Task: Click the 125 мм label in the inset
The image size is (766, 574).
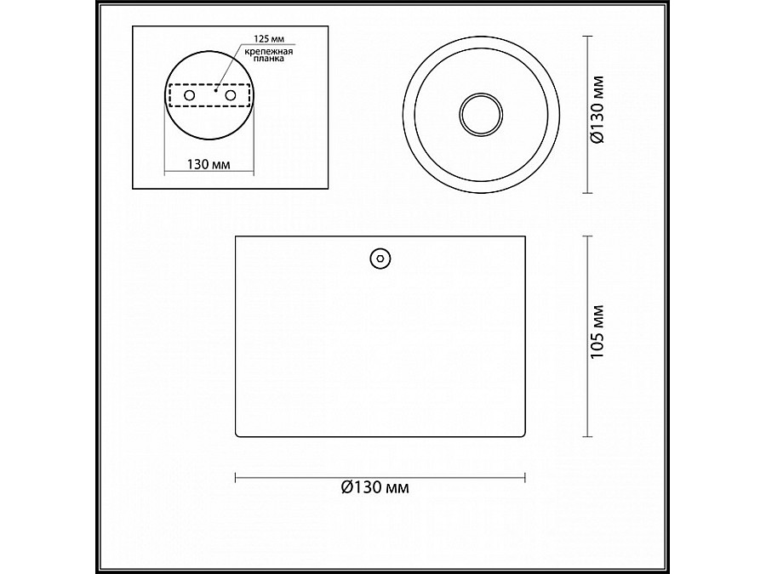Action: (269, 38)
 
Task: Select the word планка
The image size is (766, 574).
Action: (268, 59)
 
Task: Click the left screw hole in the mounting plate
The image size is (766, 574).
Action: (189, 95)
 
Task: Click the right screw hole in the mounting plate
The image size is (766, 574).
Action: (231, 95)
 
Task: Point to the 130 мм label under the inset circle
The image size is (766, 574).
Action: (209, 163)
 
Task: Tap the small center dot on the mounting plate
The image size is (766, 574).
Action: (215, 90)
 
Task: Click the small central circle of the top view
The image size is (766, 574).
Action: (481, 114)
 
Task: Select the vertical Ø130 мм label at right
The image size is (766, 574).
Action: (597, 110)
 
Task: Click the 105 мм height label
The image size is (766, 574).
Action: (597, 332)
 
